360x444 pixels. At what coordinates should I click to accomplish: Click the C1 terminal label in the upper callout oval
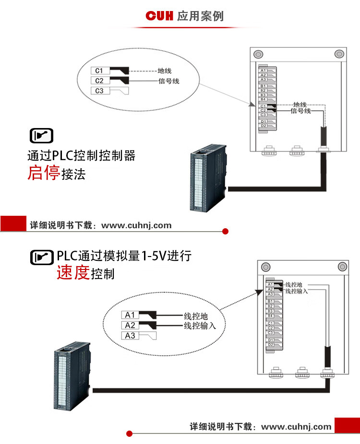(100, 71)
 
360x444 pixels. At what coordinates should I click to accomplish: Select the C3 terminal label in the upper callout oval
(100, 91)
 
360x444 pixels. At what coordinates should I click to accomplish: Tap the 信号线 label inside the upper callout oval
(169, 81)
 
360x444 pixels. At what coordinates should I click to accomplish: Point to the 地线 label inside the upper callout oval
(165, 71)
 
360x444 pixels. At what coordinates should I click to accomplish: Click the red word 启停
(43, 173)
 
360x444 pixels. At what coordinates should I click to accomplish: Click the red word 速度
(73, 273)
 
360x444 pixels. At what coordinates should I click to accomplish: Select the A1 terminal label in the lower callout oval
(130, 315)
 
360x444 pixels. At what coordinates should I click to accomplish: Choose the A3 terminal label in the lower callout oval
(130, 335)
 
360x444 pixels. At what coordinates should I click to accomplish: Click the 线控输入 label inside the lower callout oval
(200, 326)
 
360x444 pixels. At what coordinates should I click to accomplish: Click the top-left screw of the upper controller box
(258, 53)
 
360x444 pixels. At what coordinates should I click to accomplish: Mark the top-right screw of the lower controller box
(342, 266)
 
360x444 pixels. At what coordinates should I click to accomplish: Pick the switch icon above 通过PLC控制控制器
(42, 136)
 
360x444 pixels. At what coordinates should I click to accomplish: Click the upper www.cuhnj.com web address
(136, 225)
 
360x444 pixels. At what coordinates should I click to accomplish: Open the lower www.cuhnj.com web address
(296, 426)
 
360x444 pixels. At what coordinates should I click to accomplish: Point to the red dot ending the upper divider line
(226, 232)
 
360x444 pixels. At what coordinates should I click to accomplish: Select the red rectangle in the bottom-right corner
(347, 425)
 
